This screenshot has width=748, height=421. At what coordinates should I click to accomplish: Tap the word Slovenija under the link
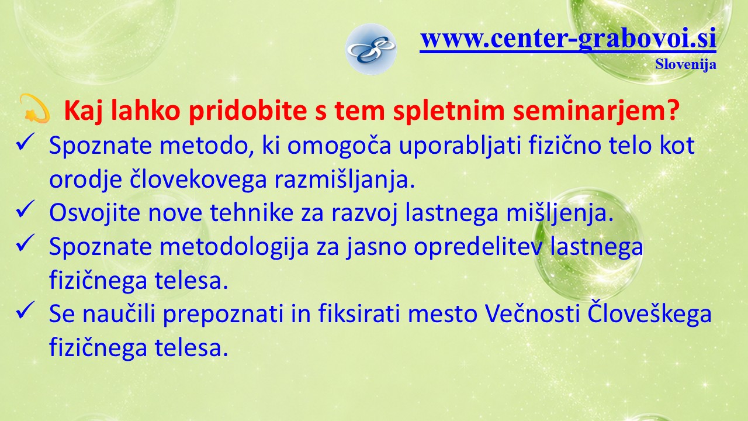point(685,64)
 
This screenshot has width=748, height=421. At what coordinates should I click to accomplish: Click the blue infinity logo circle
point(370,49)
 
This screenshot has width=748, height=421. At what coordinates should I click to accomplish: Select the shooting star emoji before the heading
point(34,108)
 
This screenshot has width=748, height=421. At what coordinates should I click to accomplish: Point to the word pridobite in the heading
point(248,111)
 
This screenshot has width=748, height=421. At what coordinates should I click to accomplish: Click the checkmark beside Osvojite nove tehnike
point(25,209)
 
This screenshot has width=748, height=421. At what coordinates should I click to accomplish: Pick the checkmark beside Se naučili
point(25,310)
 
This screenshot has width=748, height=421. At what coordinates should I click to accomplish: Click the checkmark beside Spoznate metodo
point(25,142)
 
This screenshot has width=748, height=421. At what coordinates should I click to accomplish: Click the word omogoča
point(339,146)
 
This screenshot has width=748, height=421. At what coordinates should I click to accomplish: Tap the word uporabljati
point(460,146)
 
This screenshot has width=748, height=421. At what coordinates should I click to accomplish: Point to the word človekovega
point(198,180)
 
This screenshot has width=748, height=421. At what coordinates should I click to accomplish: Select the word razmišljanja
point(345,180)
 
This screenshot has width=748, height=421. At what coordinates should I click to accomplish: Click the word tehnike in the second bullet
point(252,212)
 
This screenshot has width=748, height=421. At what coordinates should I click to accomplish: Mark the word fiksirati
point(359,313)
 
